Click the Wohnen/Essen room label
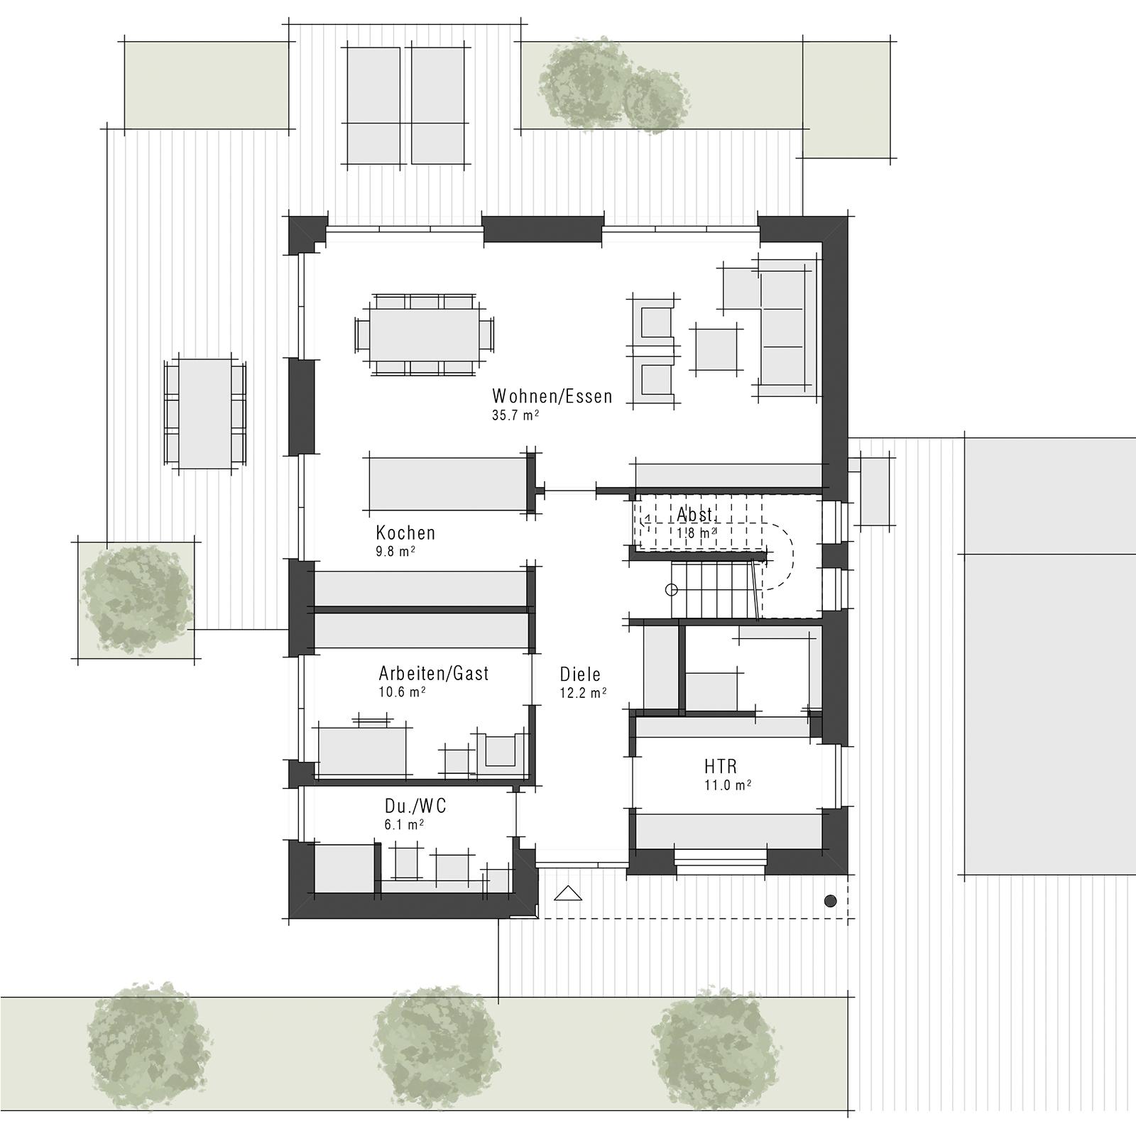tap(552, 395)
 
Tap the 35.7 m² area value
tap(515, 415)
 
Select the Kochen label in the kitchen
tap(405, 532)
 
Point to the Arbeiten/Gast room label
tap(433, 673)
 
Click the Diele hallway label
tap(580, 674)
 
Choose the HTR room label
tap(721, 767)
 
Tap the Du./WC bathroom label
tap(415, 806)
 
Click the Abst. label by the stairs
tap(694, 514)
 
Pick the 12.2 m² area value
tap(583, 693)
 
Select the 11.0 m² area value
tap(728, 785)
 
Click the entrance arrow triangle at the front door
tap(567, 893)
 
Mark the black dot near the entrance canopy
tap(830, 901)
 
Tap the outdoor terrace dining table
tap(205, 413)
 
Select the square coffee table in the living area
tap(716, 349)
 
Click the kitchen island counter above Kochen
tap(449, 484)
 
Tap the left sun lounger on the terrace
tap(373, 104)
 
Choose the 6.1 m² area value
tap(404, 824)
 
